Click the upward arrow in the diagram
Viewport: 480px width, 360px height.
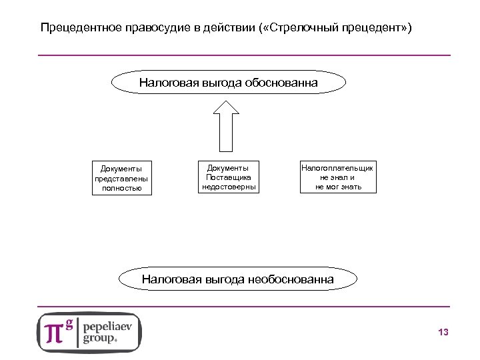pyautogui.click(x=229, y=126)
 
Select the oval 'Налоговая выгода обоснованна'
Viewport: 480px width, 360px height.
pyautogui.click(x=228, y=83)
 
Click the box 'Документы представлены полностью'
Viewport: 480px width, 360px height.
pyautogui.click(x=122, y=178)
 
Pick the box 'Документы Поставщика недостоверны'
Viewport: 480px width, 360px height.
pyautogui.click(x=229, y=177)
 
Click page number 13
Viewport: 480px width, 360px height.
pyautogui.click(x=443, y=332)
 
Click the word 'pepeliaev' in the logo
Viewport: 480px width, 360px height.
pyautogui.click(x=109, y=325)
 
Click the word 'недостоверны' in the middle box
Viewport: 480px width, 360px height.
pyautogui.click(x=229, y=187)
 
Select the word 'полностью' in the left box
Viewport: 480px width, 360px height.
pyautogui.click(x=122, y=188)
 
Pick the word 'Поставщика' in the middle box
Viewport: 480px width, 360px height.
pyautogui.click(x=229, y=177)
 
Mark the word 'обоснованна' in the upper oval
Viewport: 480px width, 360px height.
pyautogui.click(x=282, y=83)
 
